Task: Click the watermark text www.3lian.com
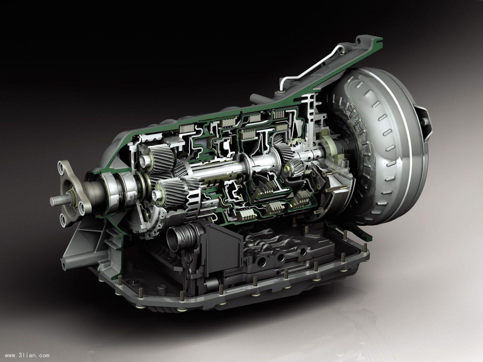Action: click(x=27, y=355)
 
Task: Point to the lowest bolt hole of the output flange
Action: click(x=63, y=220)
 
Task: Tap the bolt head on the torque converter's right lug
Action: click(x=425, y=122)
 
